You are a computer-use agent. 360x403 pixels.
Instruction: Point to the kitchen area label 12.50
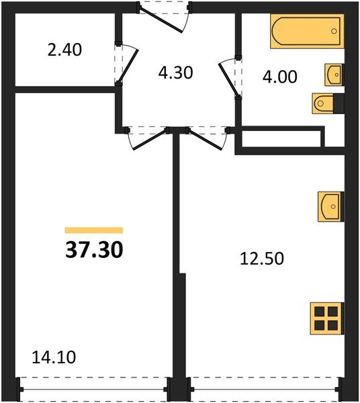(x=259, y=257)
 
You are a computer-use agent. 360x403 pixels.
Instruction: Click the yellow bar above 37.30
(x=94, y=230)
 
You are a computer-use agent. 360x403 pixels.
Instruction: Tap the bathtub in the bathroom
(x=306, y=32)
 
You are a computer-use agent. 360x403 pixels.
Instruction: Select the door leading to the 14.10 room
(x=146, y=137)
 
